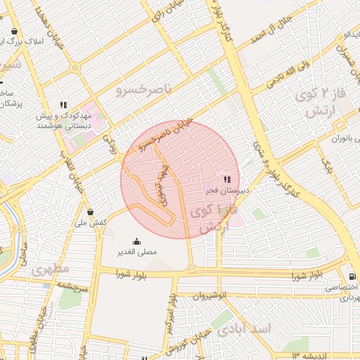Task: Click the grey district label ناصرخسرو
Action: [x=143, y=89]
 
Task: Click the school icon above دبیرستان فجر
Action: [x=226, y=179]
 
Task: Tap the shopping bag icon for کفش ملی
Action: [x=90, y=212]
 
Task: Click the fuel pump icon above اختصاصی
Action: [x=352, y=277]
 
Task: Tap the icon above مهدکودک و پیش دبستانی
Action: [x=64, y=105]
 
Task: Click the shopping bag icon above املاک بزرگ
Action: [x=15, y=32]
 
